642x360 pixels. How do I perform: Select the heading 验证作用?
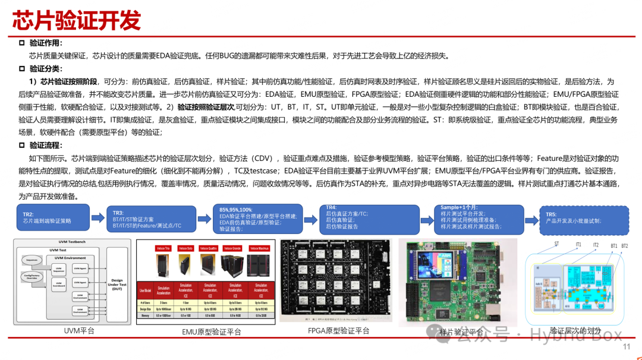coord(46,43)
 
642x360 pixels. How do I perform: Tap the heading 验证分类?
coord(46,69)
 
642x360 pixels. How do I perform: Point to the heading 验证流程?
coord(46,145)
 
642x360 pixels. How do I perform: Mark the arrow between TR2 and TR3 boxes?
coord(99,218)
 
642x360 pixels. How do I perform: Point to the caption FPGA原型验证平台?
coord(339,331)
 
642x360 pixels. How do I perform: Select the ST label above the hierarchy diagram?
coord(556,244)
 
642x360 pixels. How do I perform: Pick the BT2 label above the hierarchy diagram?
coord(624,245)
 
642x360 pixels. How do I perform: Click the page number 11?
coord(626,348)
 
